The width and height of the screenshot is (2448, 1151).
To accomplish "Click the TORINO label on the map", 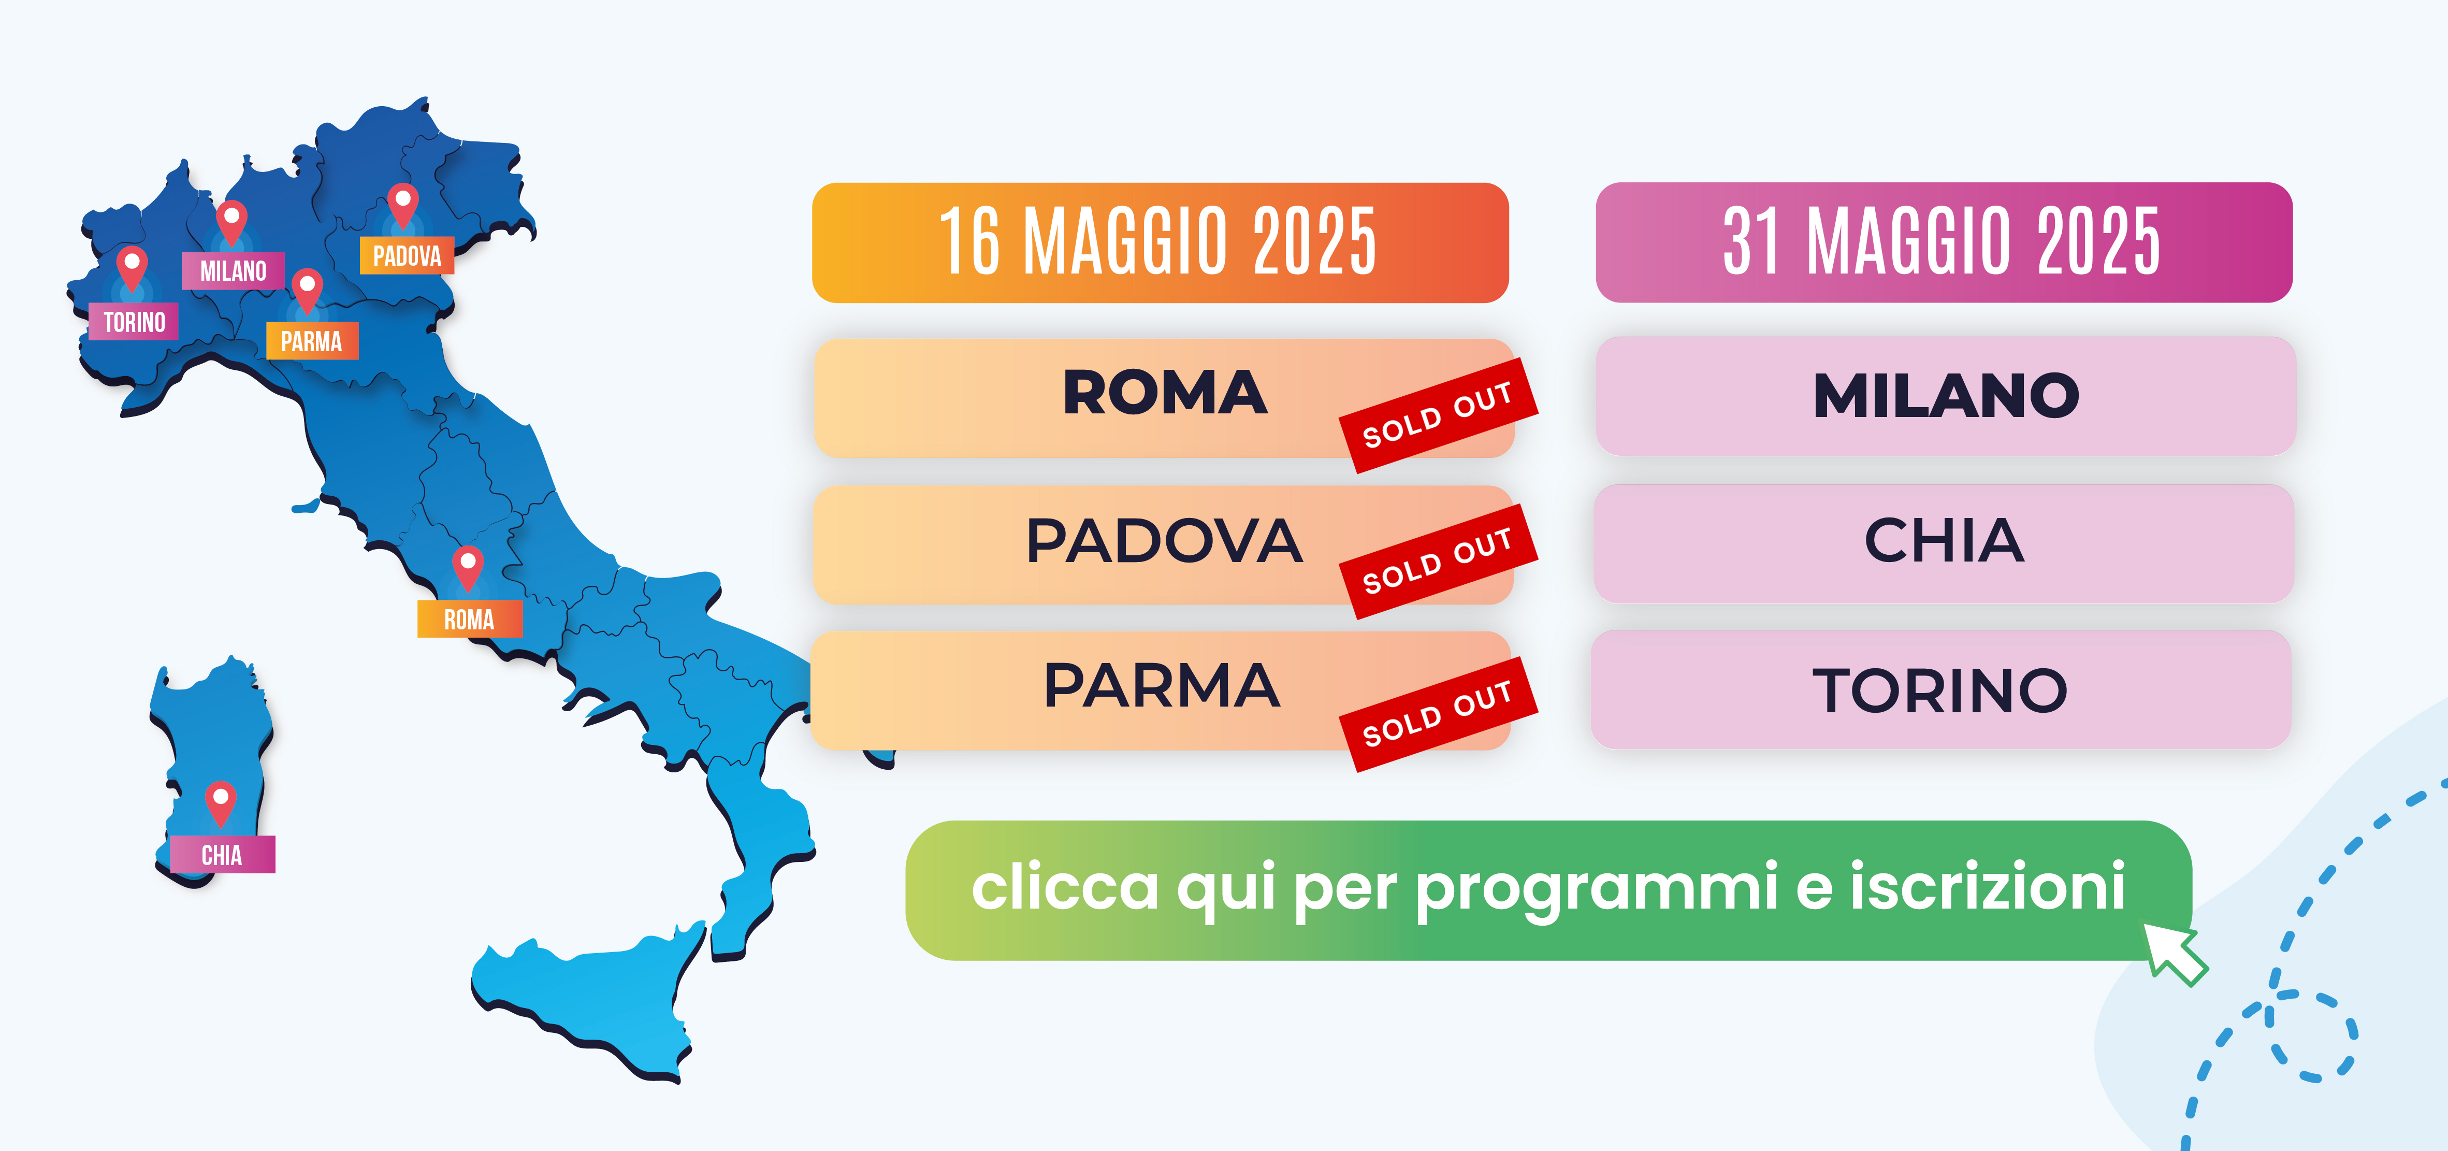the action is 133,322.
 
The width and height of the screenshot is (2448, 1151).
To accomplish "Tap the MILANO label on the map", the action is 233,271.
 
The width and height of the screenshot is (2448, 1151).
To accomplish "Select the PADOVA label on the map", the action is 407,256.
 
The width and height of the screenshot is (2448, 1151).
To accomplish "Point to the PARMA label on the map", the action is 312,341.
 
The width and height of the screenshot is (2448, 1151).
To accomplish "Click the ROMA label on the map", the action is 469,620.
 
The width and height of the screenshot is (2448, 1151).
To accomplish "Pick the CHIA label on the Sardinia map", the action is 222,855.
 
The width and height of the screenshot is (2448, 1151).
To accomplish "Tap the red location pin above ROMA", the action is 468,568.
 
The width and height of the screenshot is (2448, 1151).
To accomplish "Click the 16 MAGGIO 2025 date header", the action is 1161,243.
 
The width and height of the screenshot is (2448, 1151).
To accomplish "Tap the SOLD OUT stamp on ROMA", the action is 1438,415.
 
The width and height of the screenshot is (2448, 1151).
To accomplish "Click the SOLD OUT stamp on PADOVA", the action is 1438,562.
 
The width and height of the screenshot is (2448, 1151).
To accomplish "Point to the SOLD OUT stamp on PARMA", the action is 1438,714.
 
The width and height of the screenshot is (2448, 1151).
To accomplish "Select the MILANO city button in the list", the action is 1945,395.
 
